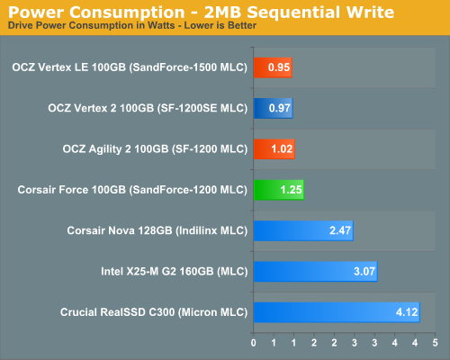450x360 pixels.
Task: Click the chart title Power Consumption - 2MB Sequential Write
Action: (x=199, y=12)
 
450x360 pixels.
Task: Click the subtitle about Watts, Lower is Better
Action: (x=131, y=25)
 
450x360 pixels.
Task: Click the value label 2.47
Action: (x=338, y=230)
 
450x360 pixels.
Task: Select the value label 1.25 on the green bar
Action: (x=289, y=190)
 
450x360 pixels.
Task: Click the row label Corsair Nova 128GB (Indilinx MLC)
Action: (x=157, y=230)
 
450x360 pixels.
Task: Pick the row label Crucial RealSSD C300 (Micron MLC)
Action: (x=153, y=312)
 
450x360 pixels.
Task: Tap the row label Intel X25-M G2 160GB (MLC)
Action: (x=175, y=271)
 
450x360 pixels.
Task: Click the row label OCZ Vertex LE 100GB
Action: (x=130, y=67)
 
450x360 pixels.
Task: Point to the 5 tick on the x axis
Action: (x=436, y=343)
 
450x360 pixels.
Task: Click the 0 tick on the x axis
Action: (x=254, y=343)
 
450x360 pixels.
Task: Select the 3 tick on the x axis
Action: (x=363, y=343)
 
